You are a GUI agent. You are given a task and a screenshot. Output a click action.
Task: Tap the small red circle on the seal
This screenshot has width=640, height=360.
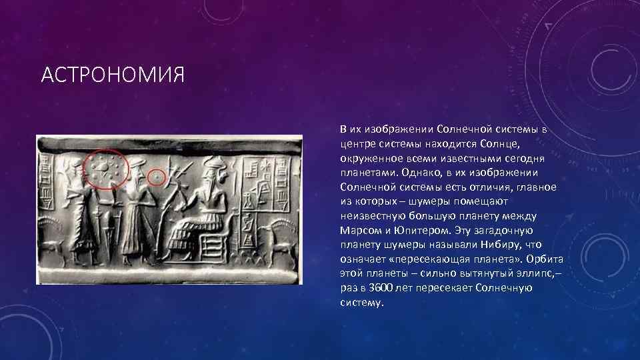tap(157, 178)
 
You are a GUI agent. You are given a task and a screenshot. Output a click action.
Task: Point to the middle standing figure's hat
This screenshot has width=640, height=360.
tap(136, 163)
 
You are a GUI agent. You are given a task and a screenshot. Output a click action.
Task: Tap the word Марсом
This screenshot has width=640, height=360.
tap(360, 231)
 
